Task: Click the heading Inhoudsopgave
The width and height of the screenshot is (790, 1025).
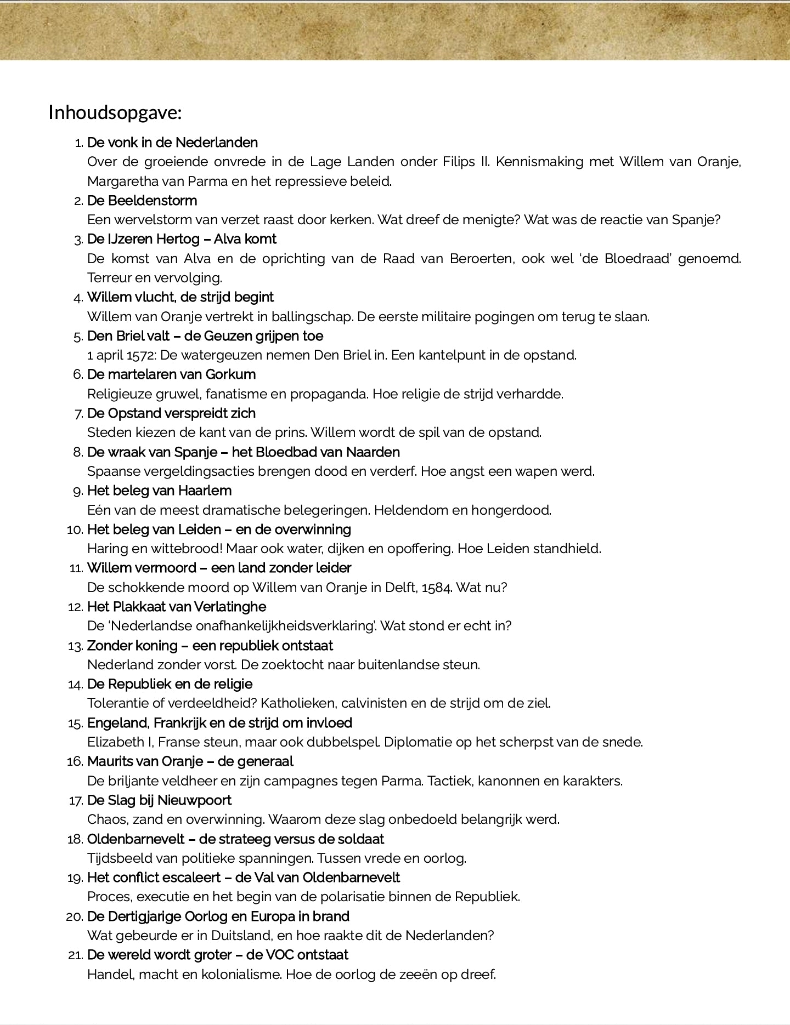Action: click(x=115, y=112)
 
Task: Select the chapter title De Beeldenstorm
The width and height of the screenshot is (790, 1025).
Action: click(x=142, y=201)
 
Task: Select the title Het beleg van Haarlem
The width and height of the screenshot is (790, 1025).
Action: click(x=159, y=491)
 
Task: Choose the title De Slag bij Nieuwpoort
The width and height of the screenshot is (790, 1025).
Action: click(x=159, y=800)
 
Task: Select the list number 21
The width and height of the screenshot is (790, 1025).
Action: click(x=75, y=955)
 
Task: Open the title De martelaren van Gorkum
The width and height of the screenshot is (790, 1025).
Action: click(x=171, y=374)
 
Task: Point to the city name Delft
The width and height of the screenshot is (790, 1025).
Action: click(x=402, y=588)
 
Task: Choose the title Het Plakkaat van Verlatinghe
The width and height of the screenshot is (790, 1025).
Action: click(x=176, y=607)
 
